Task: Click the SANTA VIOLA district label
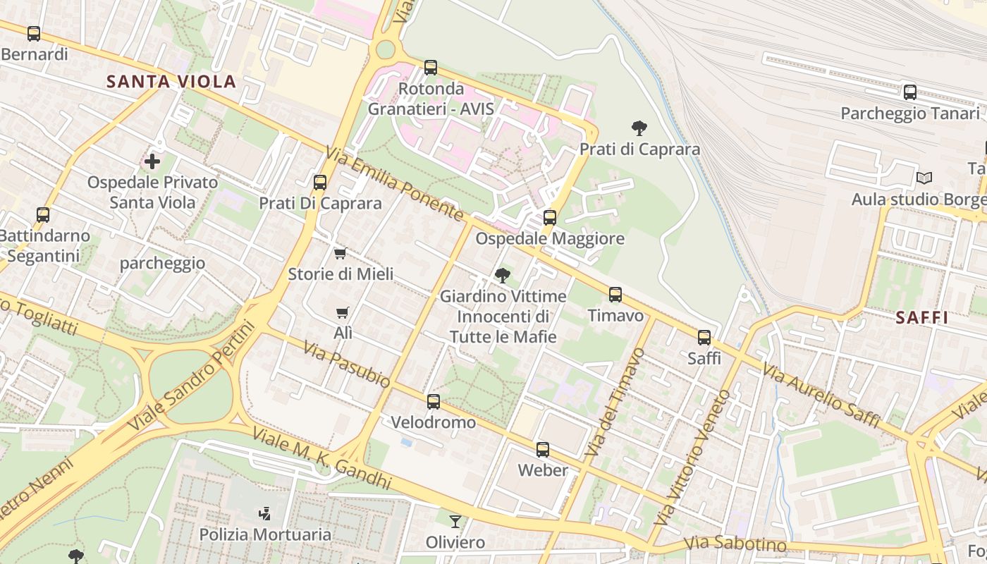coord(171,82)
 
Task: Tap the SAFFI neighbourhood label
coord(922,318)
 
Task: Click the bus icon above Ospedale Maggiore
coord(550,218)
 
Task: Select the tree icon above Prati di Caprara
coord(639,128)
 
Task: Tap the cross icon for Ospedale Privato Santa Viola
coord(152,162)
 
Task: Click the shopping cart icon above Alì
coord(343,312)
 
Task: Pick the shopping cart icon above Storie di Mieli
coord(341,253)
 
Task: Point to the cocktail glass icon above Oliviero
coord(455,522)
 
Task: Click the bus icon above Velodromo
coord(433,402)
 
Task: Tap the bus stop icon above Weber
coord(542,449)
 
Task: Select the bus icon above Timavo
coord(615,295)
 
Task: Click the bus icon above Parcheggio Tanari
coord(910,92)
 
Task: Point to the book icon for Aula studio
coord(924,178)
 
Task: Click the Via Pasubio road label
coord(347,364)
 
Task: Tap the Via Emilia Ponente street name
coord(394,183)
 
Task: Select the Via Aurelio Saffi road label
coord(821,396)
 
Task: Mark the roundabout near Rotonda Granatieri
coord(385,49)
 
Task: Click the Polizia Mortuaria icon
coord(265,513)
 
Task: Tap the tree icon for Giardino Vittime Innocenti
coord(503,275)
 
